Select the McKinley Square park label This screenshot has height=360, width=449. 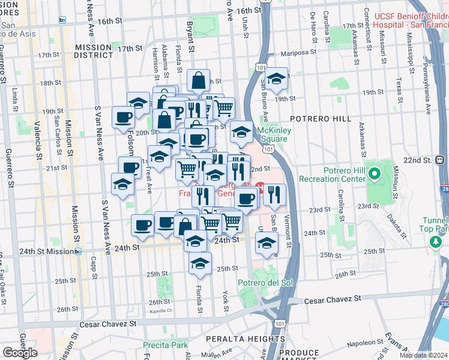point(272,134)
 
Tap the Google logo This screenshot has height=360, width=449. point(20,353)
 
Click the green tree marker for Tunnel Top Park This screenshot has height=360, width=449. point(436,241)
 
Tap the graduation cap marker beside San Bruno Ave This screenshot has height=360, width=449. point(277,78)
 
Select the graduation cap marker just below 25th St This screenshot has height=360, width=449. point(200,263)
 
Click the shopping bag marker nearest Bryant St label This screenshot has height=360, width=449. point(198,81)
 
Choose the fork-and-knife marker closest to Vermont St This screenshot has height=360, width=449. point(275,194)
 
